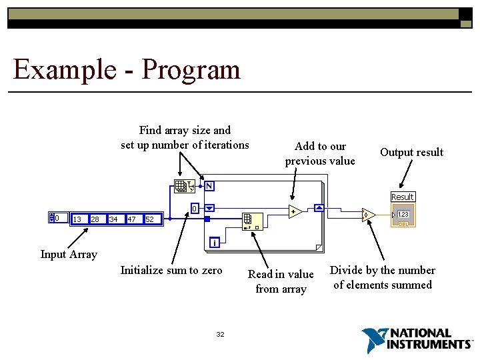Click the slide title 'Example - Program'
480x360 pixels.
pos(127,69)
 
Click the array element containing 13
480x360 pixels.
pos(77,219)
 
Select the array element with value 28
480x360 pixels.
pos(95,219)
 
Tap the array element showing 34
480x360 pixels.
pos(113,219)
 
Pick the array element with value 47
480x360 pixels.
pos(131,219)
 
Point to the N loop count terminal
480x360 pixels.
pos(209,185)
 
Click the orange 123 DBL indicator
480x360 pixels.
pos(402,216)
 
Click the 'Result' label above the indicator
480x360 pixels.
pos(402,197)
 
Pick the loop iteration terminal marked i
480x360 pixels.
pos(215,242)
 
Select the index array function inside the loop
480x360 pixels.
pos(252,221)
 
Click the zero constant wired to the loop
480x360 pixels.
pos(194,208)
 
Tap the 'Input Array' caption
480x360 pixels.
pos(69,254)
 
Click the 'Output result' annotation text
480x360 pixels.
pos(411,152)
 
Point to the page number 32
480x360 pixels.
pos(220,334)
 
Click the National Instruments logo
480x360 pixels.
pos(417,339)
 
